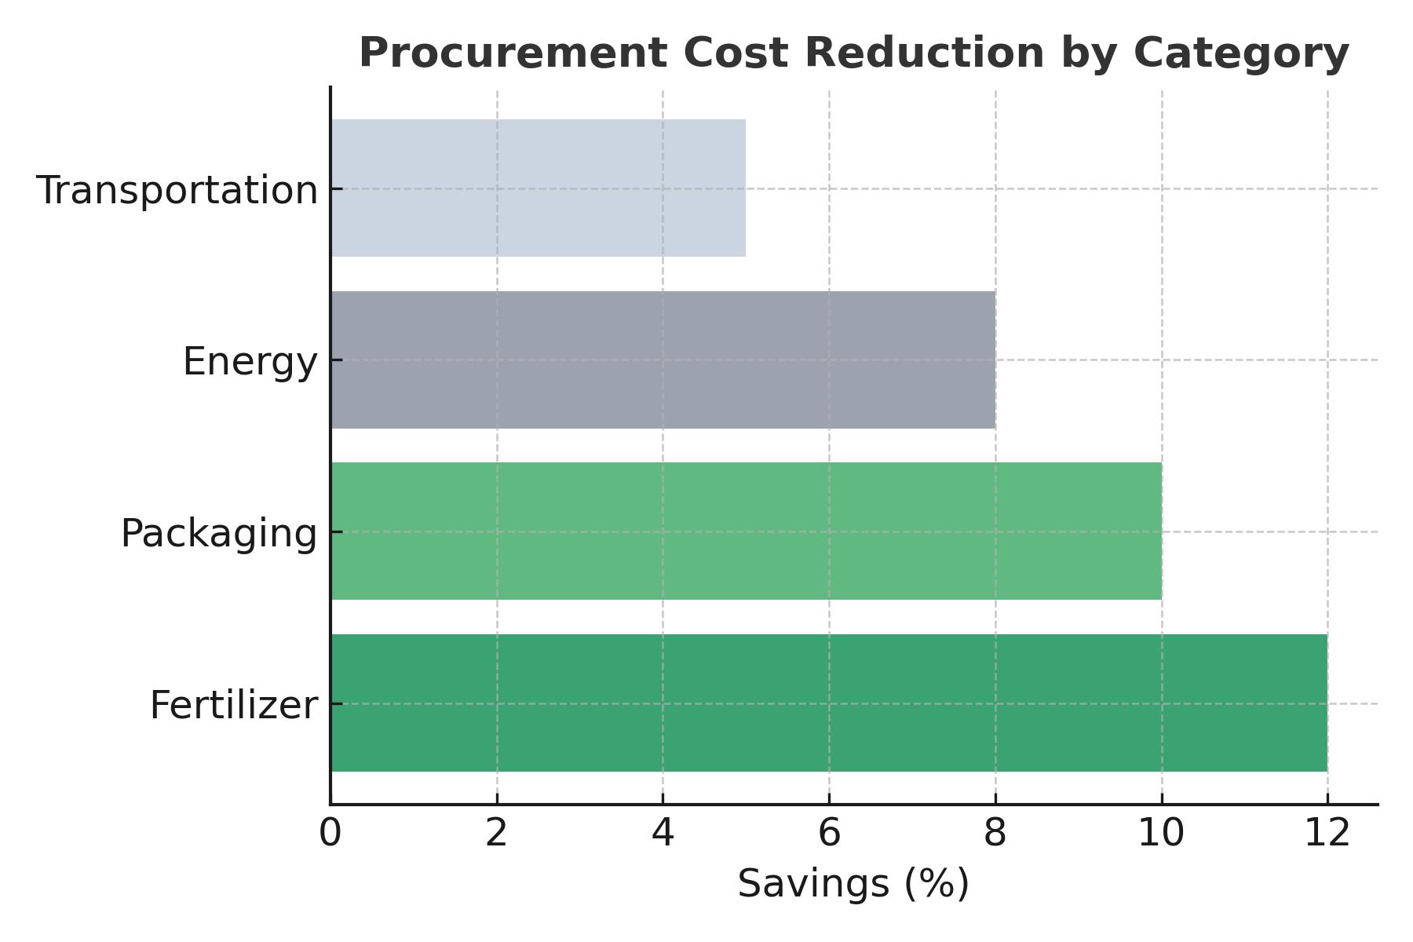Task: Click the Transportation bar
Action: pos(538,188)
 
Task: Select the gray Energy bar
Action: pos(663,360)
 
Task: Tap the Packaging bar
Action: pos(746,531)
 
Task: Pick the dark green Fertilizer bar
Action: pos(829,703)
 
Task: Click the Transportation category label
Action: pos(177,191)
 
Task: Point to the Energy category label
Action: pos(250,362)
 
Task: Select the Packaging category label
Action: pos(218,534)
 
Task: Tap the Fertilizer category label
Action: pos(233,705)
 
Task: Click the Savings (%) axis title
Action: pos(853,884)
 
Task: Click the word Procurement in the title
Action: pos(513,54)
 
